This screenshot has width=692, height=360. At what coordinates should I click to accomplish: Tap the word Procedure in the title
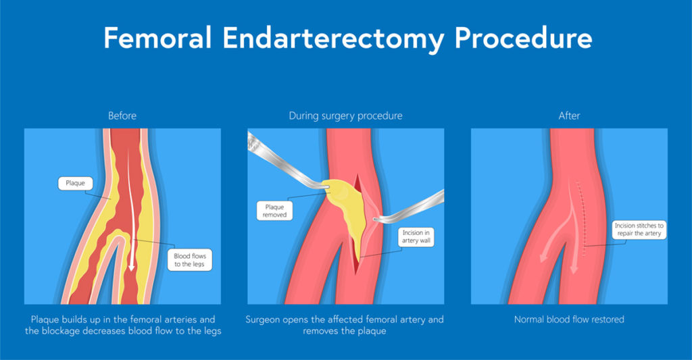(x=523, y=38)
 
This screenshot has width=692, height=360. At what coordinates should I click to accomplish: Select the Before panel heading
(x=122, y=116)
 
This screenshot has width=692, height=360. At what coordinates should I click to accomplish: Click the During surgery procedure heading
(x=345, y=116)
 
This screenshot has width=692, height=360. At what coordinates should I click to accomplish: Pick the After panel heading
(x=569, y=116)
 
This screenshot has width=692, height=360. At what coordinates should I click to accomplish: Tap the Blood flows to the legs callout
(x=190, y=259)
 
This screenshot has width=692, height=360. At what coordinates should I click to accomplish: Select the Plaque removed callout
(x=274, y=210)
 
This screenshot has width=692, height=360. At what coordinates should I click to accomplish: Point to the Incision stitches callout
(x=637, y=229)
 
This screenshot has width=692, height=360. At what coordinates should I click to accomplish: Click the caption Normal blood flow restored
(x=568, y=319)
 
